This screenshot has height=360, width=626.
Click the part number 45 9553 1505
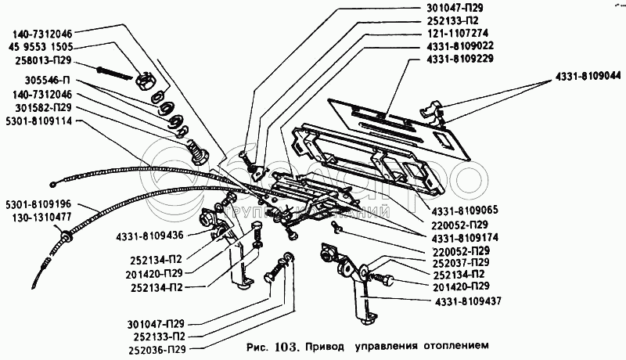tap(41, 47)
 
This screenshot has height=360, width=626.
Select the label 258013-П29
tap(42, 60)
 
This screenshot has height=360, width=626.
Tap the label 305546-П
tap(47, 81)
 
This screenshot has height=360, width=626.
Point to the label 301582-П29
tap(44, 108)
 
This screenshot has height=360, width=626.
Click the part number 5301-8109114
tap(39, 121)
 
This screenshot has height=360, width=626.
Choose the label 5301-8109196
tap(38, 204)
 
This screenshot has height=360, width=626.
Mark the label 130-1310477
tap(41, 217)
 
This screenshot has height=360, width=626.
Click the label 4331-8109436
tap(149, 235)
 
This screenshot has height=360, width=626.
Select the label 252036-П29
tap(157, 350)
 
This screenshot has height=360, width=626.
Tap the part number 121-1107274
tap(458, 33)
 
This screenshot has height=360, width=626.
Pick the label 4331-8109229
tap(460, 59)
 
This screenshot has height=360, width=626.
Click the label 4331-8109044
tap(588, 75)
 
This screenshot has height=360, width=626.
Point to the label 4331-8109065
tap(465, 210)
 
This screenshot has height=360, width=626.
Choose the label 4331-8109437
tap(467, 301)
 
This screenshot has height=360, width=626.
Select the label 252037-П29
tap(461, 263)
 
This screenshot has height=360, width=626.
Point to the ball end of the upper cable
tap(53, 185)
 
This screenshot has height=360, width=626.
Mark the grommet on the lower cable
tap(64, 236)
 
